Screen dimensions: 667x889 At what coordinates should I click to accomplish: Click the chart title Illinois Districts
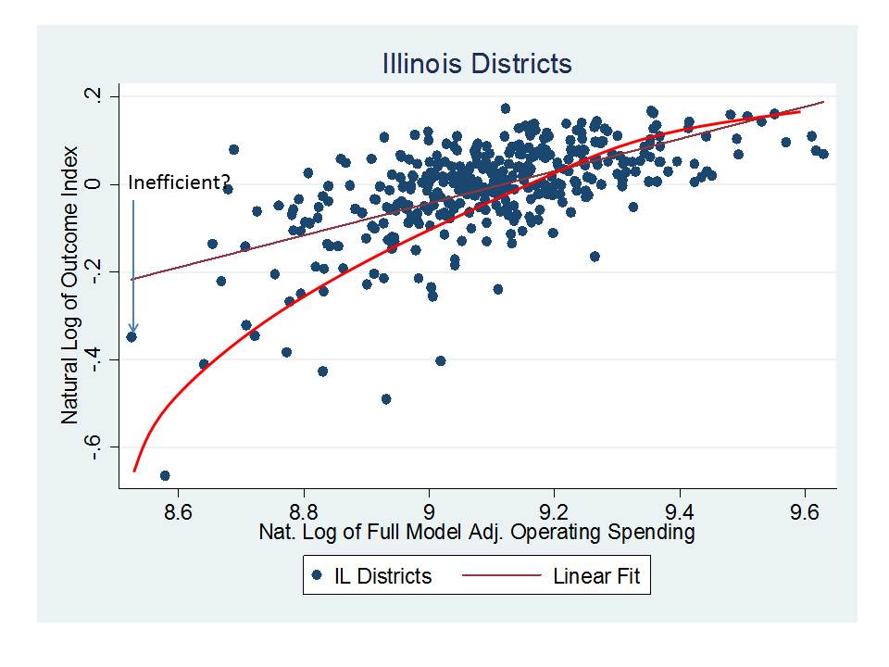click(477, 64)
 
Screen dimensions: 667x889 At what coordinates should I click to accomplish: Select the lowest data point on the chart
click(165, 475)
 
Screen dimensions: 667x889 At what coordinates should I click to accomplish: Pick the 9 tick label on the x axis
click(429, 510)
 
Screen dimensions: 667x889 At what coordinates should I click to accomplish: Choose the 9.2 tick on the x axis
click(554, 510)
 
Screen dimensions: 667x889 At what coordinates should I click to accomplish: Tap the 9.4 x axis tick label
click(680, 510)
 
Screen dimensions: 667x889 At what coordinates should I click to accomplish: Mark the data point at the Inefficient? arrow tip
click(131, 336)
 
